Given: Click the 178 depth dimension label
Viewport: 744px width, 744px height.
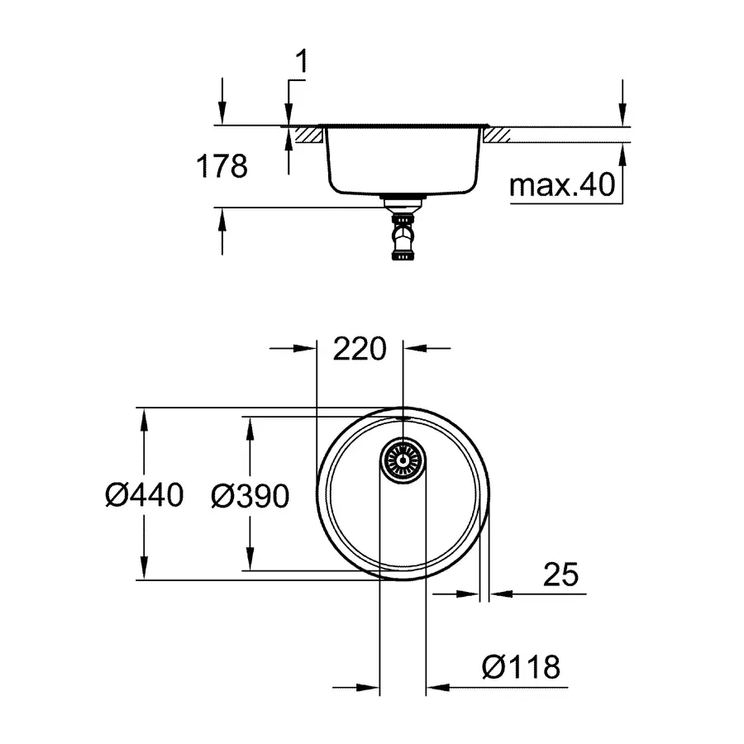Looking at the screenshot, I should click(222, 167).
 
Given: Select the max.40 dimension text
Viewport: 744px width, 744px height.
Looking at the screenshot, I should click(563, 185).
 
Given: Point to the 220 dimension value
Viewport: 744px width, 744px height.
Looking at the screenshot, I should click(360, 350).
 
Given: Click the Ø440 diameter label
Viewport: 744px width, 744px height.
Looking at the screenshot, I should click(144, 495).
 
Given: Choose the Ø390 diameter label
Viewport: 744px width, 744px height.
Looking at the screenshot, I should click(250, 495).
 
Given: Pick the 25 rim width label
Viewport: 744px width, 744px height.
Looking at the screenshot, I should click(561, 575).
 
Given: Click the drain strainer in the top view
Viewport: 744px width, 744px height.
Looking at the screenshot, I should click(403, 459).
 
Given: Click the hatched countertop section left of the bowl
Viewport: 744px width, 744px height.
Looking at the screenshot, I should click(305, 135).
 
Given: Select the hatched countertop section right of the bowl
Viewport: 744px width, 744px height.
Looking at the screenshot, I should click(499, 135).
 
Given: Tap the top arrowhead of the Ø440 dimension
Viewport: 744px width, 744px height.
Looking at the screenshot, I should click(144, 417).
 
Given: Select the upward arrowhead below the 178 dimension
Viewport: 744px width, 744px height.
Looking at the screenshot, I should click(222, 217).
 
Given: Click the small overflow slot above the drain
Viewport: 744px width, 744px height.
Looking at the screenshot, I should click(403, 421).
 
